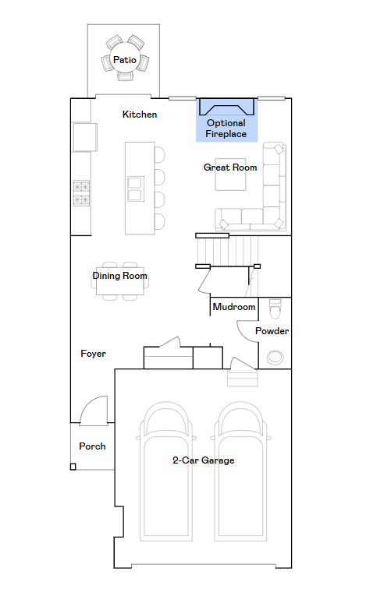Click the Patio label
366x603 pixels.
tap(124, 60)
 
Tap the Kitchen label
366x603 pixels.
tap(140, 115)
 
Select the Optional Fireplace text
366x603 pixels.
tap(226, 129)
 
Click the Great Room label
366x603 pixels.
tap(230, 167)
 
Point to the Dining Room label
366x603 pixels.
tap(120, 276)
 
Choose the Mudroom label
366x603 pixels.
tap(234, 307)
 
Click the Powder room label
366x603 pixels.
tap(272, 331)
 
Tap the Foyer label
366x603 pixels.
tap(93, 354)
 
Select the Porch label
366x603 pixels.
tap(92, 446)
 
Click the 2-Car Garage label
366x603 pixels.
tap(204, 460)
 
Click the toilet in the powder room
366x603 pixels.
tap(275, 309)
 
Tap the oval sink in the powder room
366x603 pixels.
tap(275, 357)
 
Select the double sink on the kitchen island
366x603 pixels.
tap(136, 189)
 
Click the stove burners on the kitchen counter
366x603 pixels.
tap(81, 193)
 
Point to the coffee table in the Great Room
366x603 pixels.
tap(230, 175)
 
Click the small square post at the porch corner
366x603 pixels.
tap(73, 467)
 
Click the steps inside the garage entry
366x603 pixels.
tap(243, 378)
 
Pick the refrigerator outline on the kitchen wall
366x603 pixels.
tap(84, 137)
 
